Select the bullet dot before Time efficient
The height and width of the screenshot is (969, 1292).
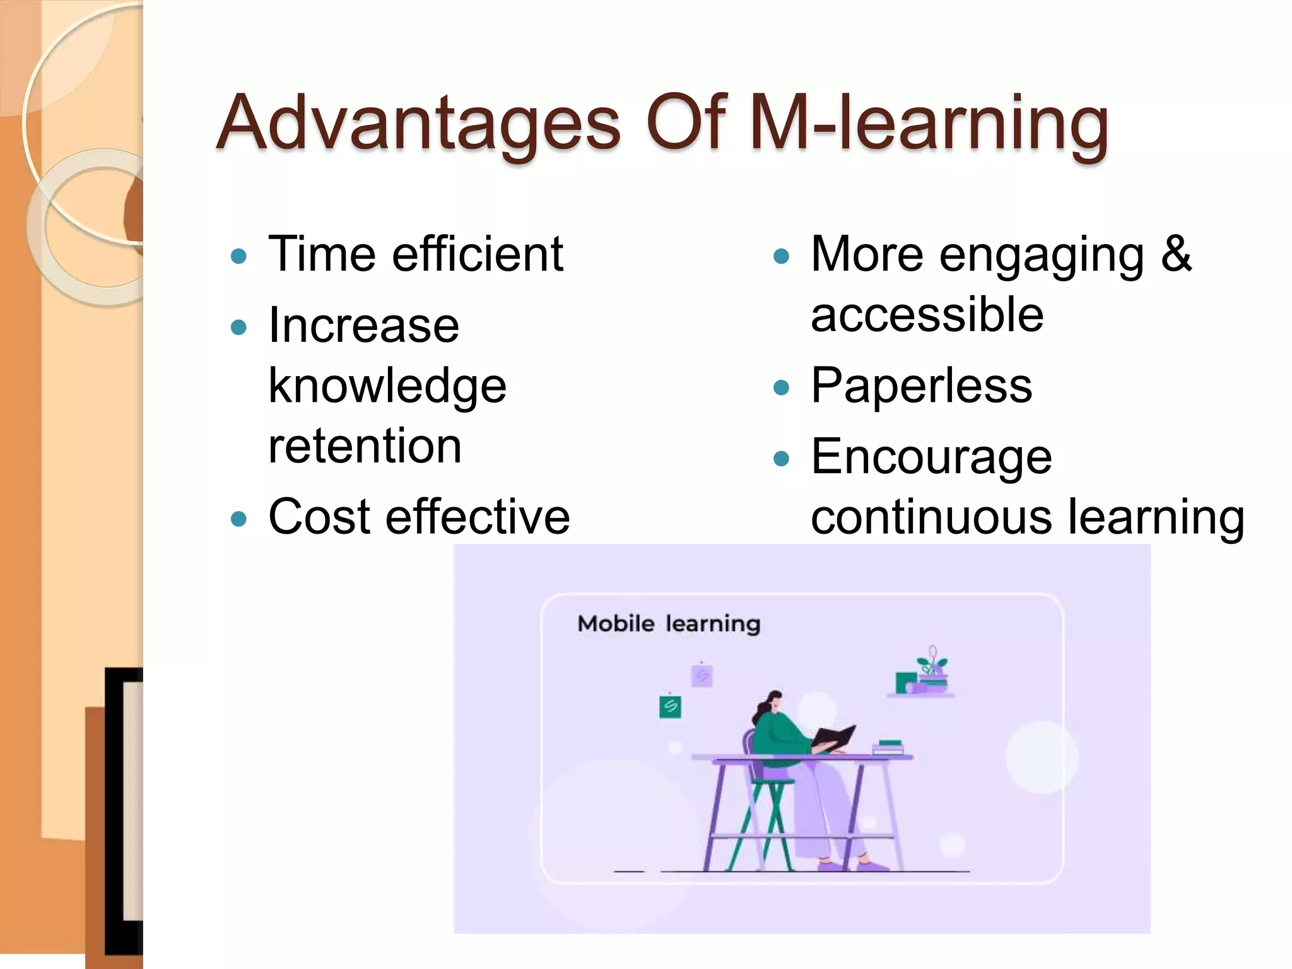238,256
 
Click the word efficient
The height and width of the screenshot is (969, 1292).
478,254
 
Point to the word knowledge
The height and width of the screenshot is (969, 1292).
387,386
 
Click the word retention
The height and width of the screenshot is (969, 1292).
365,446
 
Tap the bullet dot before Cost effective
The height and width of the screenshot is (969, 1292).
238,519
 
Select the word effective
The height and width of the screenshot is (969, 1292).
478,517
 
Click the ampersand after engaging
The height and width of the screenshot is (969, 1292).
1176,254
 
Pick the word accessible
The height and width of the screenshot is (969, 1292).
927,315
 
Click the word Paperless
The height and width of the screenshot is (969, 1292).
921,385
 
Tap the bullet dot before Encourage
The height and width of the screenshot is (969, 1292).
781,458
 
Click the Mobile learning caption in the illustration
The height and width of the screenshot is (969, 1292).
669,624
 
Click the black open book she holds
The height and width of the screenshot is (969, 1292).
834,737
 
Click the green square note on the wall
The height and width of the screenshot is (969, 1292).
670,706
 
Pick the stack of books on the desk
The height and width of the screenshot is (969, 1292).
889,748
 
